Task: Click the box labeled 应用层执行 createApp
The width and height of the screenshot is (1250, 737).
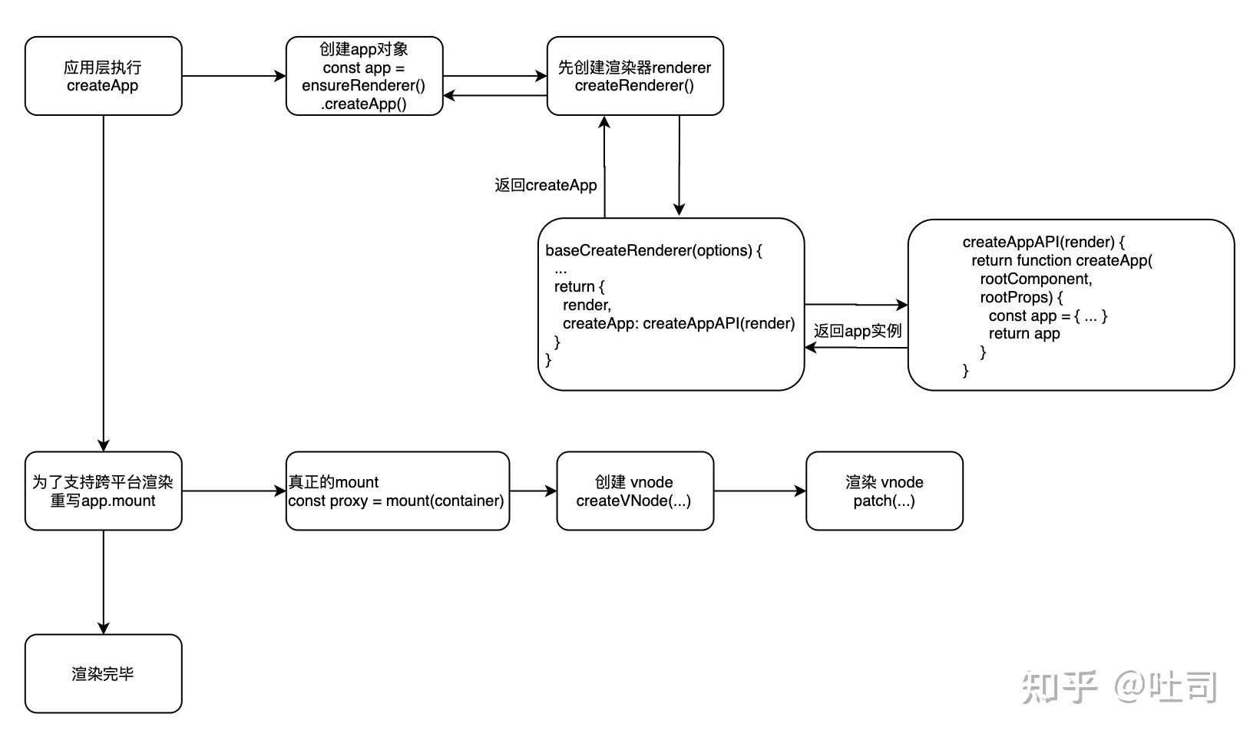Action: pyautogui.click(x=103, y=76)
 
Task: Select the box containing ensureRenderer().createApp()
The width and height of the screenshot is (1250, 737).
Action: pyautogui.click(x=364, y=76)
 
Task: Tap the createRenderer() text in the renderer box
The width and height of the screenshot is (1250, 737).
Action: pyautogui.click(x=634, y=86)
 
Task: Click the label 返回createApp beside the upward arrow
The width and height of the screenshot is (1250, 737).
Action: pyautogui.click(x=546, y=185)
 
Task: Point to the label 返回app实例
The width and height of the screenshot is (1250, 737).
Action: pyautogui.click(x=857, y=331)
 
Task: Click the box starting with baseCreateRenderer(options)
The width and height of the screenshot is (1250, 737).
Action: pyautogui.click(x=670, y=304)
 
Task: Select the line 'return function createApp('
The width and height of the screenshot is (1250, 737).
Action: pyautogui.click(x=1062, y=260)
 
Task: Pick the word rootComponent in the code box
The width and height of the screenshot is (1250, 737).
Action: pyautogui.click(x=1036, y=279)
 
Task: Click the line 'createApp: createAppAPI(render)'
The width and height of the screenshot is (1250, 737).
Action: pyautogui.click(x=679, y=323)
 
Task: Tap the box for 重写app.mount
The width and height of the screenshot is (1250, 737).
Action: pyautogui.click(x=103, y=491)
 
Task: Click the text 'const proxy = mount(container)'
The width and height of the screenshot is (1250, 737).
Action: pyautogui.click(x=396, y=501)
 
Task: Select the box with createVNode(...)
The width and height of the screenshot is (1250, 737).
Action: pyautogui.click(x=634, y=491)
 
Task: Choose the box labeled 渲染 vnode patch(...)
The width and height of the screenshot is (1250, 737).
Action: pyautogui.click(x=884, y=491)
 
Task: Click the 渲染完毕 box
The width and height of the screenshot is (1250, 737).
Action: pyautogui.click(x=103, y=674)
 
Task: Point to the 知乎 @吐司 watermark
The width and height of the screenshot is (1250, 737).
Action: pyautogui.click(x=1119, y=686)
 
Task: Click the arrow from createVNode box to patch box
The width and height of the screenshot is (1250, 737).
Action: pyautogui.click(x=759, y=491)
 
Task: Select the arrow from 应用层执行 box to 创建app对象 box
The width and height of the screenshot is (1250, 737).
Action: pyautogui.click(x=233, y=76)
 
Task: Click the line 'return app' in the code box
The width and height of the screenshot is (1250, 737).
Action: pyautogui.click(x=1024, y=334)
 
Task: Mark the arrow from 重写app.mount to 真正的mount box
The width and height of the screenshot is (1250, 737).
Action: pyautogui.click(x=233, y=491)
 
